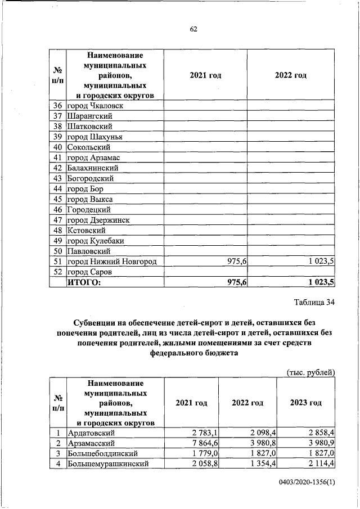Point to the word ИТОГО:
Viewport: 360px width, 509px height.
[x=84, y=282]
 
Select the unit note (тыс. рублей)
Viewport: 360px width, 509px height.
[x=310, y=372]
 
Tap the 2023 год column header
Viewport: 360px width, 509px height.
[x=305, y=403]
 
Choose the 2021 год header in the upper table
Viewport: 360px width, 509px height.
[x=205, y=75]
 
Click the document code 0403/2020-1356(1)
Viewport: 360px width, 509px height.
[x=306, y=483]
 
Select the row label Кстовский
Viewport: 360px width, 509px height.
[x=87, y=230]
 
